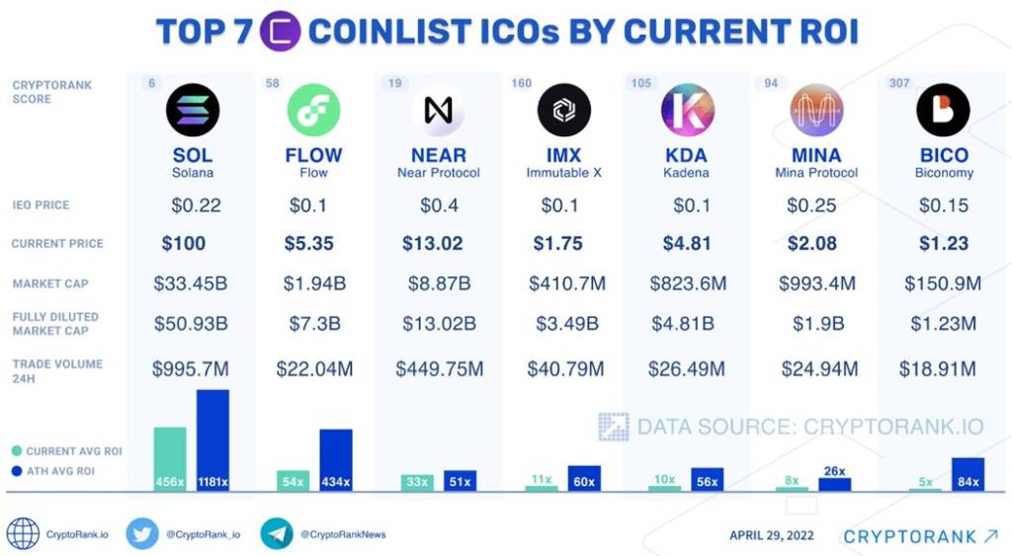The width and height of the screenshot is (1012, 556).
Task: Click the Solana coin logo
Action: [193, 110]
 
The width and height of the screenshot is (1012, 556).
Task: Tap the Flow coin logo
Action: [313, 110]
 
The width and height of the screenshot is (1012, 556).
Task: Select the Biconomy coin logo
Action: [943, 110]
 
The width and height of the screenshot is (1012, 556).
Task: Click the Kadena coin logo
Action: [688, 110]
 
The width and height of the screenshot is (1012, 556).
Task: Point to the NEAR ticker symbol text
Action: [438, 156]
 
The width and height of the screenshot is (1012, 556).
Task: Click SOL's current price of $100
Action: [184, 244]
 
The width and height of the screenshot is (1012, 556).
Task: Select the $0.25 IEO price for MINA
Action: [811, 205]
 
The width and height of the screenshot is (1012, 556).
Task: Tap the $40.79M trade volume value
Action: [565, 369]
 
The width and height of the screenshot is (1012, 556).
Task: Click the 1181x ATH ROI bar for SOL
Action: [212, 440]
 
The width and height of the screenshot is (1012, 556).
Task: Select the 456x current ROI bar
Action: [170, 459]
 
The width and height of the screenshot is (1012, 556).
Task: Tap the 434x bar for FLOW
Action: [335, 460]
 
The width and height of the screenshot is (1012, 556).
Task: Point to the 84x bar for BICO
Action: [968, 474]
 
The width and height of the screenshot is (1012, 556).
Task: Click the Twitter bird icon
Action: [142, 533]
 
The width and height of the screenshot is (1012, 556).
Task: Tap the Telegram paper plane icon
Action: [277, 533]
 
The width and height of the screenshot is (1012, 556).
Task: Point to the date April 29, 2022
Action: [772, 535]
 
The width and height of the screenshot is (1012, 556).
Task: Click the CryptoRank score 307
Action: [898, 83]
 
